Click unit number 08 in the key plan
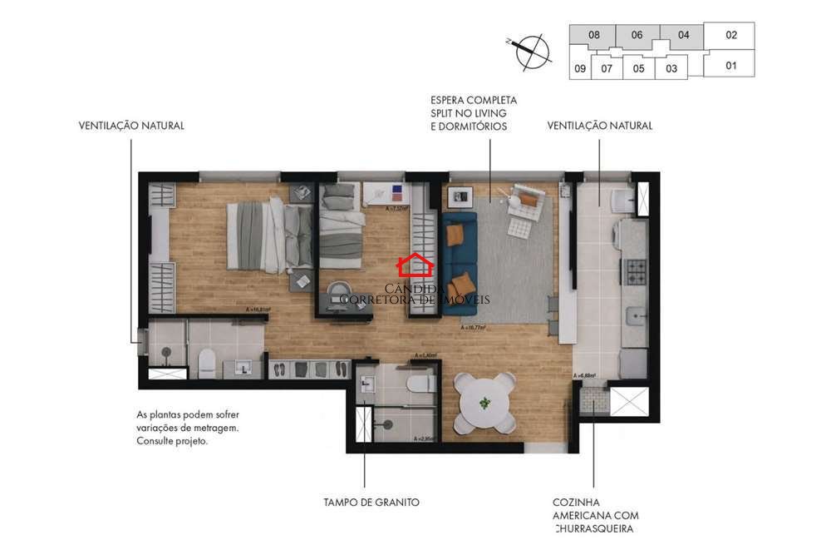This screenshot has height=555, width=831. tap(593, 35)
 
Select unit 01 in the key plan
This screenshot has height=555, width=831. tap(731, 65)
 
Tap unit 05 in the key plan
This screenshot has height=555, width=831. tap(638, 69)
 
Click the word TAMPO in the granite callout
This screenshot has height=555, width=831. tap(342, 503)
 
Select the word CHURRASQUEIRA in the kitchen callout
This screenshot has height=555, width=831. tap(596, 529)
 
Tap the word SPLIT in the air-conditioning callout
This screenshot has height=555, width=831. tap(445, 112)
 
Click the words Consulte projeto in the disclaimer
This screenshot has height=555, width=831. tap(172, 442)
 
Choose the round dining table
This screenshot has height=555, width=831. tap(485, 402)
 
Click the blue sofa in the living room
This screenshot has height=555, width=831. tap(459, 262)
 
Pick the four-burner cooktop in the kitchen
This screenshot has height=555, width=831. tap(635, 271)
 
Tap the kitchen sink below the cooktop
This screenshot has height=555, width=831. tap(636, 315)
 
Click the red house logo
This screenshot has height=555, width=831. tap(415, 266)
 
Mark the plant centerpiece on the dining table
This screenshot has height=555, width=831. tap(485, 403)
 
